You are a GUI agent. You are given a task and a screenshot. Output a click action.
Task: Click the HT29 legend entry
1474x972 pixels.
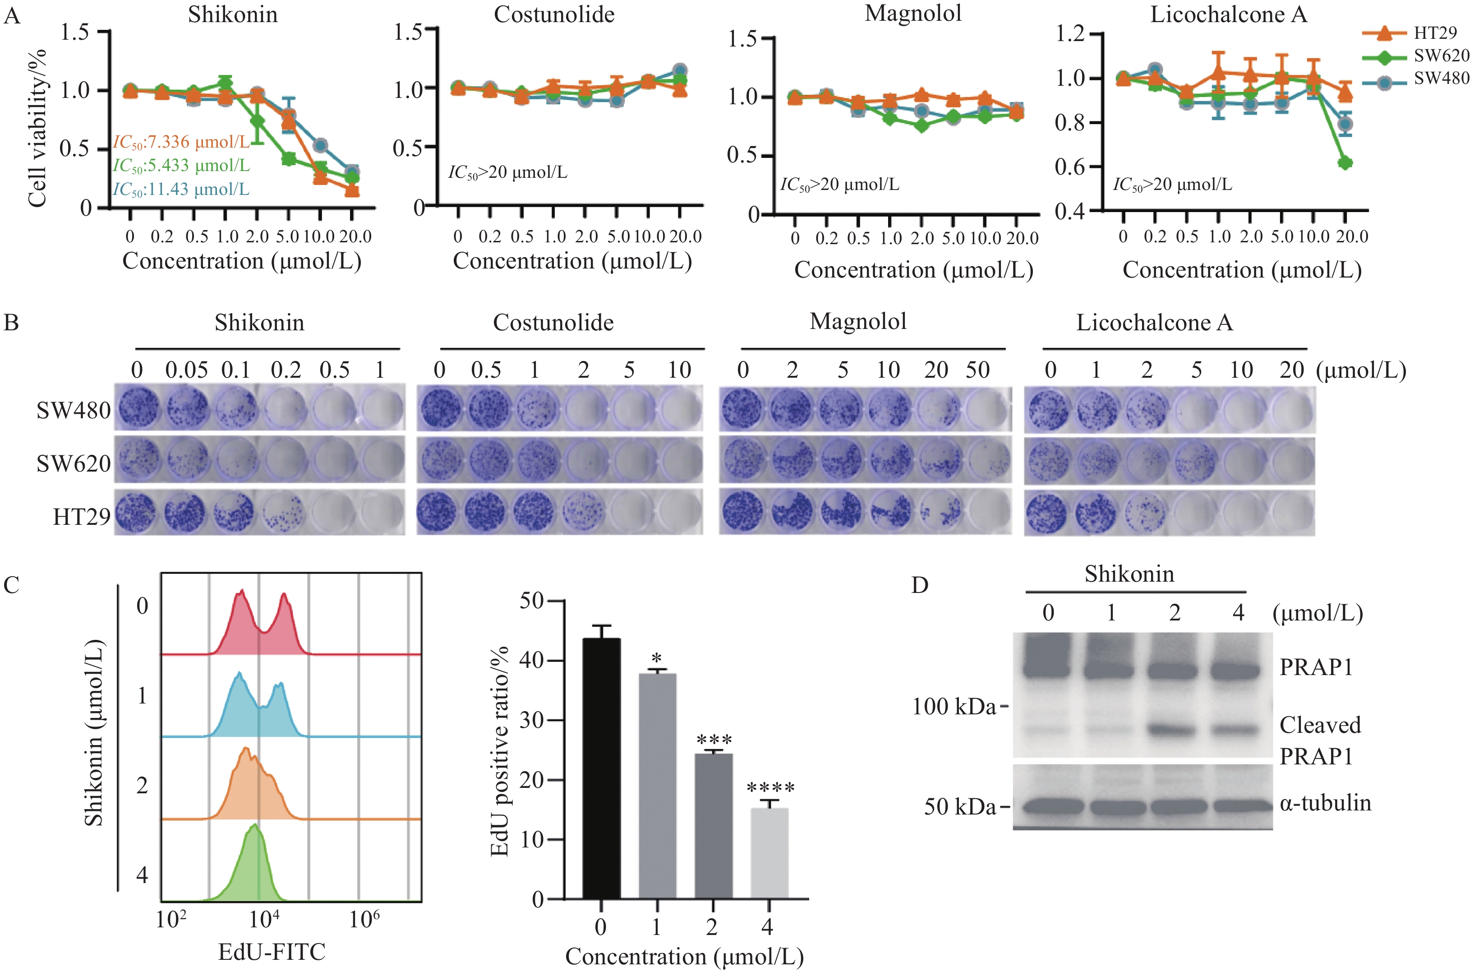(x=1434, y=33)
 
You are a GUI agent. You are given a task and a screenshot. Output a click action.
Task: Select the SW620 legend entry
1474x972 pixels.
(x=1441, y=56)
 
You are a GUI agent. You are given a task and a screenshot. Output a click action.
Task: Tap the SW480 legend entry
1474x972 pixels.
(x=1441, y=79)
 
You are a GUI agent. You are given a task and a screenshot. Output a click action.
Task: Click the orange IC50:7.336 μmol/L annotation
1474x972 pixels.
(x=181, y=142)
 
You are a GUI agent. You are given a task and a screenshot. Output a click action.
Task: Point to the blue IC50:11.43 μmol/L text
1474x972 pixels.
(x=181, y=189)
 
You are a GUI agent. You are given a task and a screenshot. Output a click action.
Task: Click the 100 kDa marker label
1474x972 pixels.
(x=953, y=707)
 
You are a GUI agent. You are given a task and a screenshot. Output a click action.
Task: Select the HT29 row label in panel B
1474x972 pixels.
(x=81, y=516)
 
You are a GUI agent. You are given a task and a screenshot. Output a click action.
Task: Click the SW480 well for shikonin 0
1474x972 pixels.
(x=138, y=408)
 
